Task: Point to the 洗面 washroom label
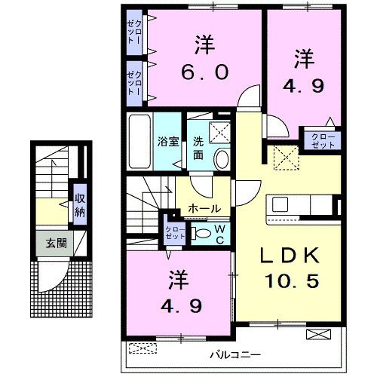click(x=198, y=148)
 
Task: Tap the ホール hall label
click(x=204, y=208)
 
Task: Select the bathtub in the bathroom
click(x=139, y=141)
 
